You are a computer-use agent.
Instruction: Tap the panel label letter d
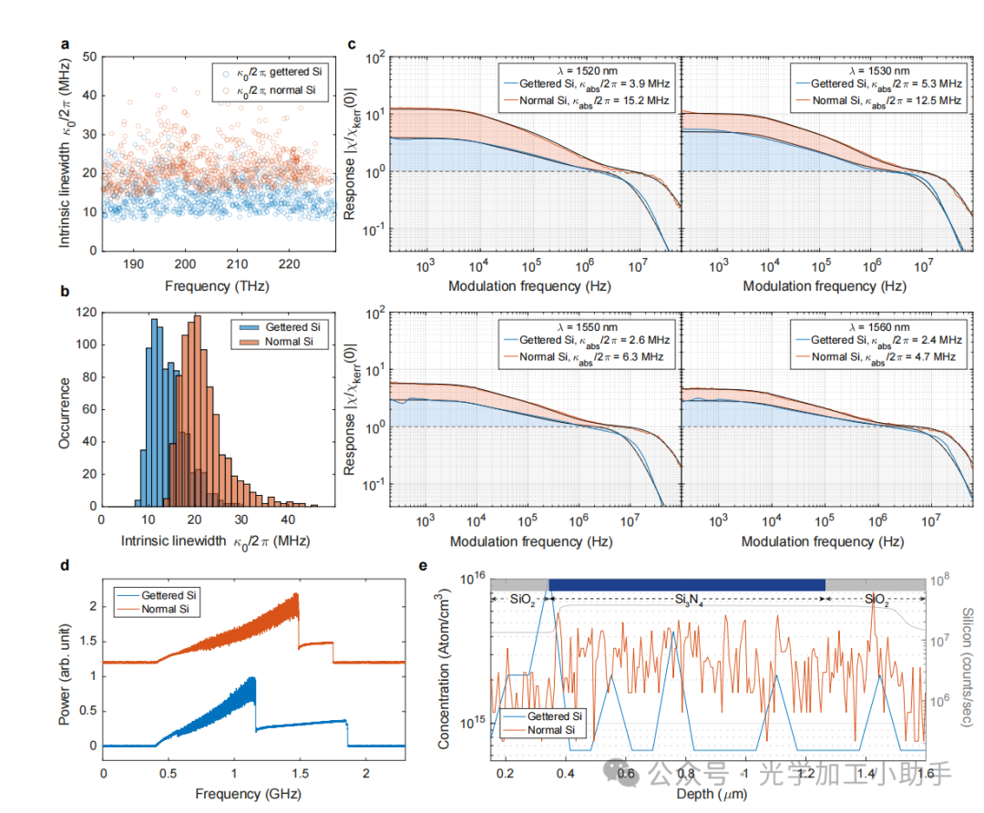(x=65, y=565)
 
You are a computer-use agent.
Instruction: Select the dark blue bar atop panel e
(x=687, y=584)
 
